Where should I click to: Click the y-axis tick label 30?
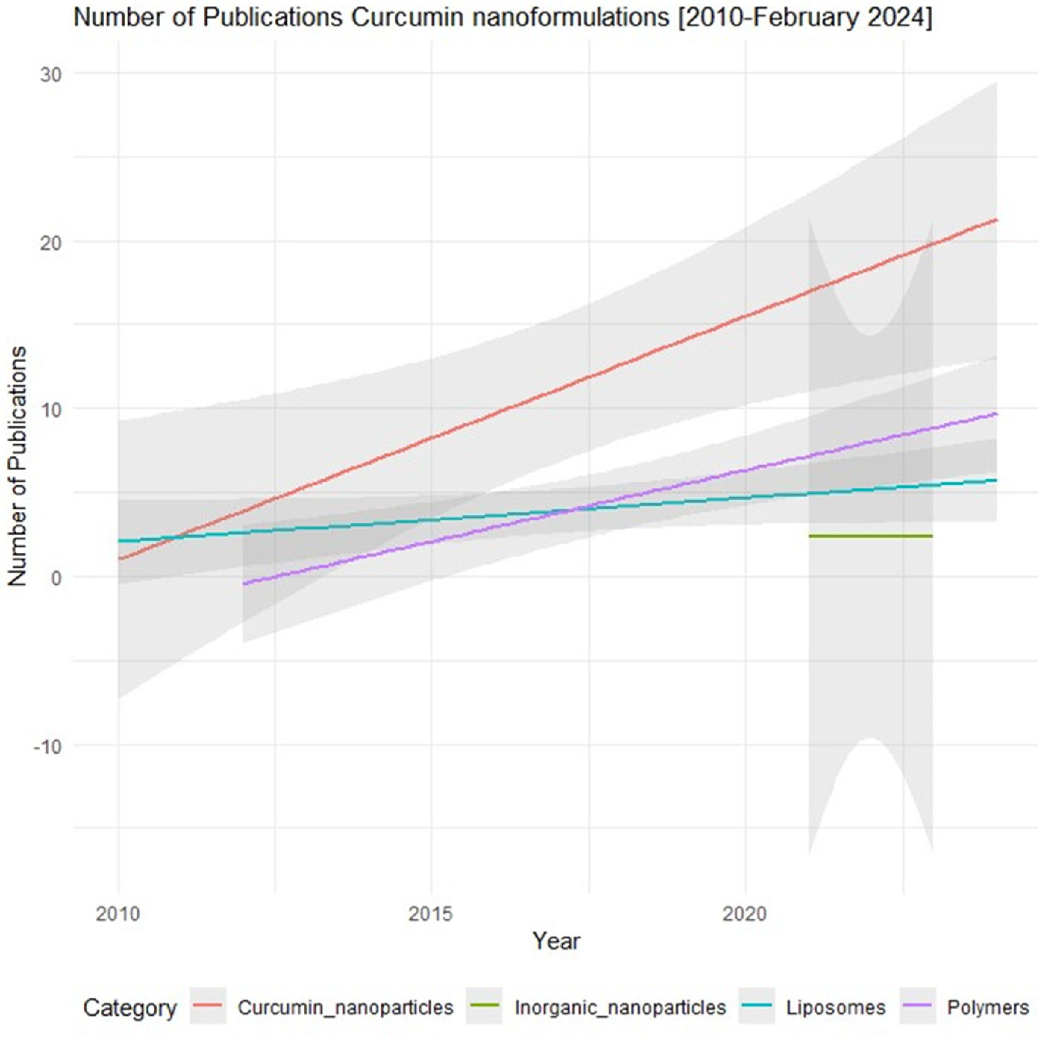pyautogui.click(x=50, y=74)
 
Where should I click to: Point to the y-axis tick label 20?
pyautogui.click(x=50, y=242)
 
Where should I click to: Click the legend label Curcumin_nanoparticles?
pyautogui.click(x=346, y=1007)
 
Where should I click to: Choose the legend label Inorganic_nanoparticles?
pyautogui.click(x=620, y=1007)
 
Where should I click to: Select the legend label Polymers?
pyautogui.click(x=988, y=1007)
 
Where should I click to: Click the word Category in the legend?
pyautogui.click(x=129, y=1009)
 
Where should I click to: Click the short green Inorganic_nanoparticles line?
pyautogui.click(x=870, y=536)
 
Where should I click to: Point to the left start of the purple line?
pyautogui.click(x=244, y=584)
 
